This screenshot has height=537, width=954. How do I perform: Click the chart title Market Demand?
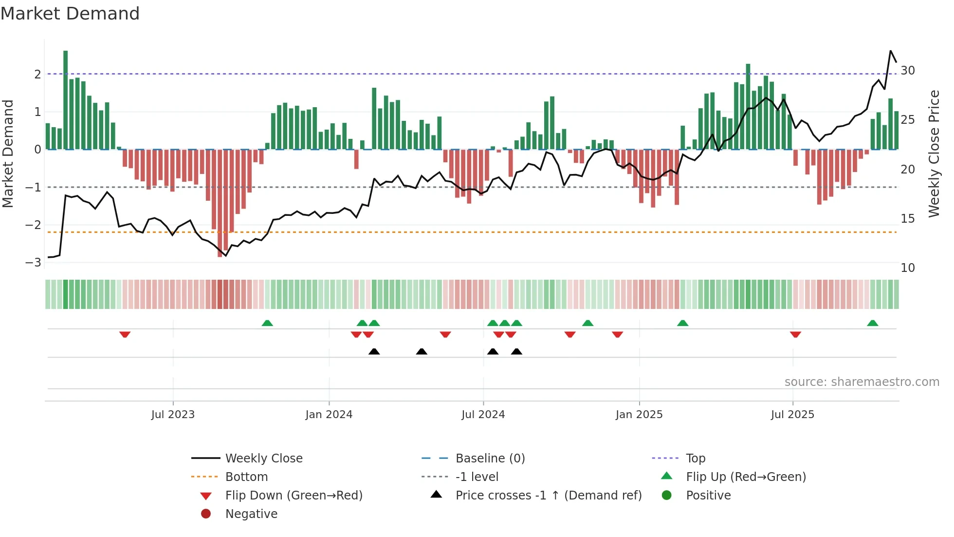(70, 14)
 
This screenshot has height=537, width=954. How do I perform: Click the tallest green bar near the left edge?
(65, 100)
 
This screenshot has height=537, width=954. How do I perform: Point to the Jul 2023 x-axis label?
(173, 415)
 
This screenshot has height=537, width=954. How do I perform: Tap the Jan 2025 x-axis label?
(639, 415)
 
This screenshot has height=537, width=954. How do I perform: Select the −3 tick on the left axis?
(34, 263)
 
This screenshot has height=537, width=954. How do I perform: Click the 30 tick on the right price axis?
(907, 71)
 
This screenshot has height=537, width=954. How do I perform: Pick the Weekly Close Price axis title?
(934, 153)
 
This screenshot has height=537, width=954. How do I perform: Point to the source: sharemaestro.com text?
(862, 382)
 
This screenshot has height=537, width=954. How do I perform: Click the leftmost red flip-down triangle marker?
(125, 334)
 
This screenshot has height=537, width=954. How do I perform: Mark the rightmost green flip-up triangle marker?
(872, 323)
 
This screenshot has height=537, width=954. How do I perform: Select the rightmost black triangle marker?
(516, 352)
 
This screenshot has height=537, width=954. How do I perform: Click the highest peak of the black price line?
(891, 51)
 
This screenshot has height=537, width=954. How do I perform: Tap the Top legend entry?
(696, 459)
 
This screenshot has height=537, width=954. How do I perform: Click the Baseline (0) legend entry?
(490, 459)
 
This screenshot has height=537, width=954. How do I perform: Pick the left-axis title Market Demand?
(8, 153)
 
